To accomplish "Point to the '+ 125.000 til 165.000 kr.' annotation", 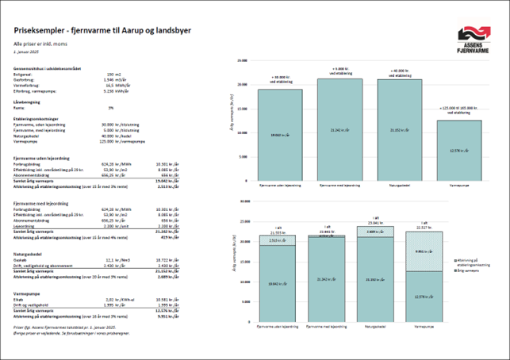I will (460, 111).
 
